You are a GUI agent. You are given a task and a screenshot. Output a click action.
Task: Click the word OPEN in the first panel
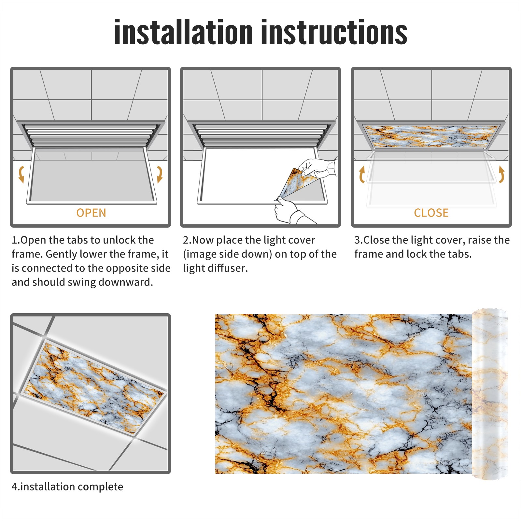pyautogui.click(x=91, y=213)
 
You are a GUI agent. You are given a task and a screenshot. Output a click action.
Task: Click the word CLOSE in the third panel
pyautogui.click(x=431, y=213)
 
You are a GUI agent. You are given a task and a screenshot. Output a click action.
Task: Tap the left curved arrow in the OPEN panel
pyautogui.click(x=21, y=174)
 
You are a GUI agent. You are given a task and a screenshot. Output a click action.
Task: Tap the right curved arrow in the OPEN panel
pyautogui.click(x=160, y=174)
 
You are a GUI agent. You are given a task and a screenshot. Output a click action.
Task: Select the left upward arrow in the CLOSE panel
pyautogui.click(x=361, y=174)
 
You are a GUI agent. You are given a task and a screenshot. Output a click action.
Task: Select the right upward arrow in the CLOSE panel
pyautogui.click(x=501, y=174)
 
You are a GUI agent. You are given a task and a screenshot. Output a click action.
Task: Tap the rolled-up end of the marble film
pyautogui.click(x=490, y=394)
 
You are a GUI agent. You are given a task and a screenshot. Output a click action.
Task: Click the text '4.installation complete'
pyautogui.click(x=67, y=487)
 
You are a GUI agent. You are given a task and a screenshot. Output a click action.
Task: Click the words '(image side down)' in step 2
pyautogui.click(x=227, y=254)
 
